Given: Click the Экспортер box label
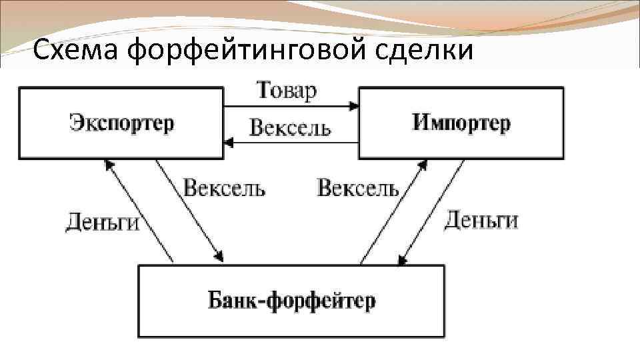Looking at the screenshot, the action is point(121,123).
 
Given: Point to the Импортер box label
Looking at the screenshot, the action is point(461,123).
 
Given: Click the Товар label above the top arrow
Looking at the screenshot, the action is point(287,91).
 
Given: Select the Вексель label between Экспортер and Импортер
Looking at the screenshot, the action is point(289,127).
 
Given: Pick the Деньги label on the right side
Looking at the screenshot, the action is point(481,219).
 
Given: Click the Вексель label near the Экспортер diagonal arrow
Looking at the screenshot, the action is point(224,188).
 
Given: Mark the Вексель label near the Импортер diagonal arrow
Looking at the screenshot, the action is point(358,188).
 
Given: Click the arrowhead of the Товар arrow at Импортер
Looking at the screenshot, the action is point(353,106).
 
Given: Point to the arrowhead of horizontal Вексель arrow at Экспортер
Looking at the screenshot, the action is point(229,141).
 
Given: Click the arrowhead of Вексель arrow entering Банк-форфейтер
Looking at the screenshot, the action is point(219,258).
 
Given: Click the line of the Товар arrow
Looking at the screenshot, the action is point(287,106).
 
